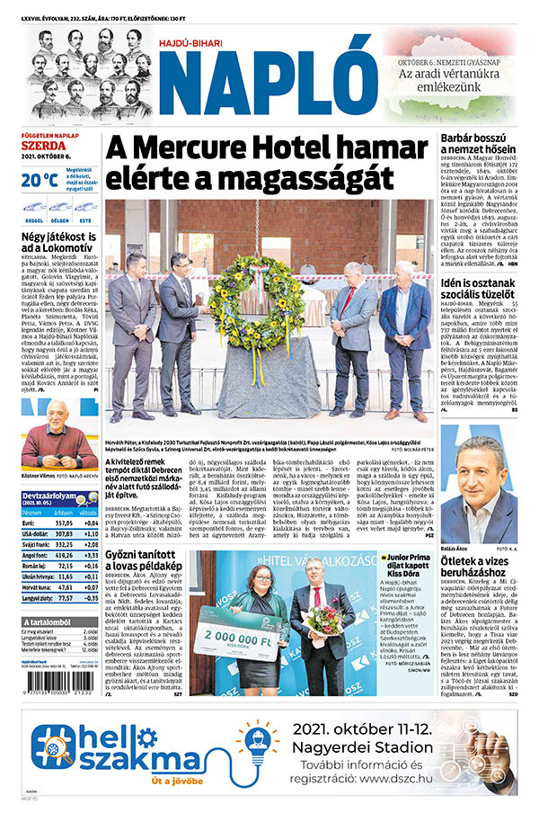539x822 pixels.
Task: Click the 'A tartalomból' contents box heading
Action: (x=58, y=623)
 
